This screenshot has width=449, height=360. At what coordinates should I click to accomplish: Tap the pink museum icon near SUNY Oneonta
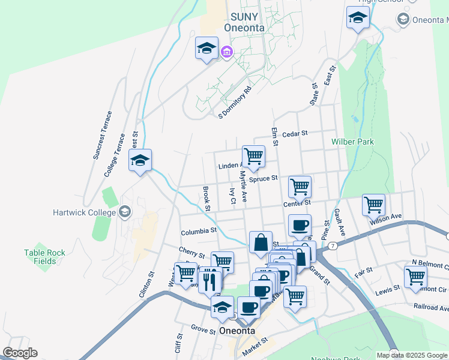pos(227,53)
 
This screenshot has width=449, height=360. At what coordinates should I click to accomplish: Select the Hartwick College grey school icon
pos(125,211)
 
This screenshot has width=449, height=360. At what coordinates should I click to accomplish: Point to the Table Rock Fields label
pos(44,257)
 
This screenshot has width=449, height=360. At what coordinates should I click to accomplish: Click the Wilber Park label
pos(352,142)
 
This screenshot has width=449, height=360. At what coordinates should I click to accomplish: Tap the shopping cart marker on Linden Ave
pos(253,157)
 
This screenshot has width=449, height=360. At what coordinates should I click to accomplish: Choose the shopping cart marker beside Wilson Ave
pos(373,205)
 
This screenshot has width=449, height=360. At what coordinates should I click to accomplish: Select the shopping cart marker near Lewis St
pos(415,278)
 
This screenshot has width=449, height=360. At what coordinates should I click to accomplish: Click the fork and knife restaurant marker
pos(209,280)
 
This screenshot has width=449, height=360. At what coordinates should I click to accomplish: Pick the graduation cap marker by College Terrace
pos(140,160)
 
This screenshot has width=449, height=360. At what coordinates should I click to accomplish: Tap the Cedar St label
pos(294,134)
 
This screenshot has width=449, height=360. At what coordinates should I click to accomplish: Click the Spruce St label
pos(264,178)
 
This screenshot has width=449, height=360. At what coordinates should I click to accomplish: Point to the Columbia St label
pos(198,231)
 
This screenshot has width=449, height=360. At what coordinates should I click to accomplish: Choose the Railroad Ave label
pos(431,307)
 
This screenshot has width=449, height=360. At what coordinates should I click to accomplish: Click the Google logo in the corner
pos(20,353)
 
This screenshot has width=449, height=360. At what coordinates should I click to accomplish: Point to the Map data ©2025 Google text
pos(412,355)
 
